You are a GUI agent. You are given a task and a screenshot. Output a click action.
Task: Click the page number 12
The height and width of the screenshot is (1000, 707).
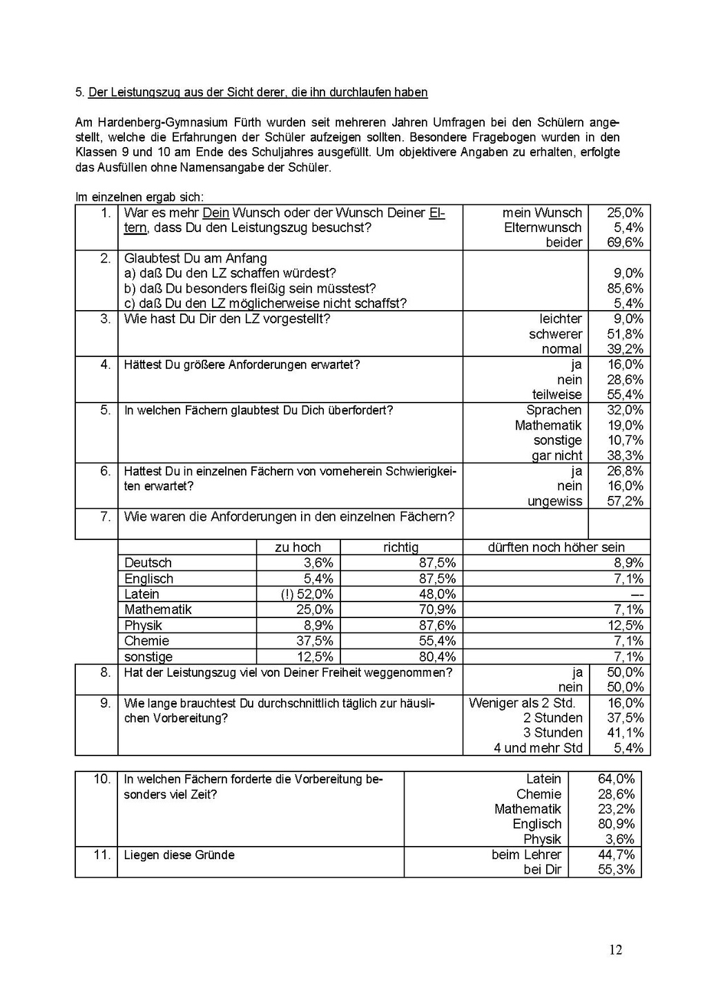[x=616, y=950]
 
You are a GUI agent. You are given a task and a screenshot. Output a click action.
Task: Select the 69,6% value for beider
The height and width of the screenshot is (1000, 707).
[x=625, y=242]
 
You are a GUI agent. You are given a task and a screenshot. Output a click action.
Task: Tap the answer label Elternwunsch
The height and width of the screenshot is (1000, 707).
[x=543, y=227]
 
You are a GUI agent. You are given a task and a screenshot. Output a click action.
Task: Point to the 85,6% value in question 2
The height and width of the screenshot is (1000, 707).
[x=625, y=288]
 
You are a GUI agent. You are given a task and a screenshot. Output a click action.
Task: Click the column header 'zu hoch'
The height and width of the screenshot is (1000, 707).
[x=298, y=547]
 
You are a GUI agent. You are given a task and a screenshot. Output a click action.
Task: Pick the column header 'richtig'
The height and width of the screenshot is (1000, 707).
[x=400, y=547]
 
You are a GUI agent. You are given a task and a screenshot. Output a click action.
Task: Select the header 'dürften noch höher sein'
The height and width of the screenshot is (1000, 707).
[x=556, y=547]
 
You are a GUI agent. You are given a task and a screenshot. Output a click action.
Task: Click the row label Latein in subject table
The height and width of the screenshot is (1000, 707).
[x=142, y=594]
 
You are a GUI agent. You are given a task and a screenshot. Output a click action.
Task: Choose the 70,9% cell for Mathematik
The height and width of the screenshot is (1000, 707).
[x=437, y=609]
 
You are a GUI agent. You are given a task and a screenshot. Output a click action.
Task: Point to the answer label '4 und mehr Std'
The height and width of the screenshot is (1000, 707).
[x=538, y=748]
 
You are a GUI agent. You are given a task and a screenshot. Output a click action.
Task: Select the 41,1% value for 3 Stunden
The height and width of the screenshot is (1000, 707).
[x=625, y=733]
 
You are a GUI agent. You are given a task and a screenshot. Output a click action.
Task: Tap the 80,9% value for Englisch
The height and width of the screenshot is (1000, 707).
[x=616, y=824]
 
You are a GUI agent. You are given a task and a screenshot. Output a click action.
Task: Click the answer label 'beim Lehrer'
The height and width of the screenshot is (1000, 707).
[x=526, y=854]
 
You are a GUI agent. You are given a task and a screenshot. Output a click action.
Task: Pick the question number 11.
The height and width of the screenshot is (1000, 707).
[x=101, y=854]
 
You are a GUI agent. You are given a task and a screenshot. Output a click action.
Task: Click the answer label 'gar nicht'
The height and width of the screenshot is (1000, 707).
[x=556, y=455]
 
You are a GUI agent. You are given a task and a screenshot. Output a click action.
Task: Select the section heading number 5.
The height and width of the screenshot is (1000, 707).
[x=79, y=92]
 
